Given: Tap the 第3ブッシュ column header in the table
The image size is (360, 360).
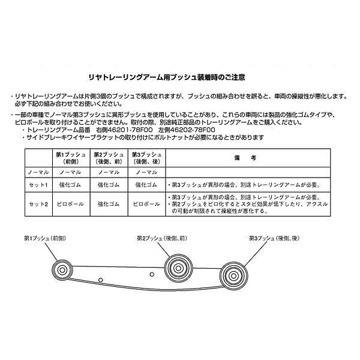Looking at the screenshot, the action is [x=146, y=158].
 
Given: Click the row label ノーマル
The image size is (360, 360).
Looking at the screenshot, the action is [x=38, y=172].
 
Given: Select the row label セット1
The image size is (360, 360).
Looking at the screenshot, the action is [x=38, y=185].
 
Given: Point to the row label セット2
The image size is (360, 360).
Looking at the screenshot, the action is [x=38, y=204].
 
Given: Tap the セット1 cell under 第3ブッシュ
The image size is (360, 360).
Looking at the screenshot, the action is [x=146, y=185].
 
